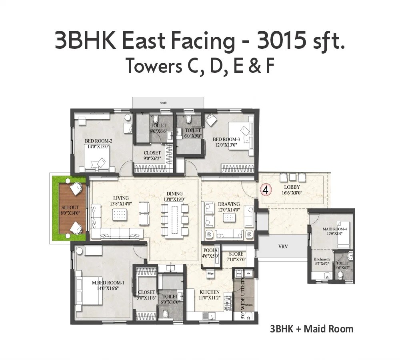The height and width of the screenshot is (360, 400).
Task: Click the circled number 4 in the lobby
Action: [x=264, y=190]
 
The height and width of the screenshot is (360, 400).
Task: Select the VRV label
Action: [x=283, y=246]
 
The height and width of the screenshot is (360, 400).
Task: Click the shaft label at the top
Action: [x=163, y=103]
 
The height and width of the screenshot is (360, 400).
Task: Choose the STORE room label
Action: [x=236, y=254]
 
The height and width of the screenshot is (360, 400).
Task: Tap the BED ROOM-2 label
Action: [x=98, y=141]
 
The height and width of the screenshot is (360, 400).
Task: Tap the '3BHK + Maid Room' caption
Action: [x=312, y=329]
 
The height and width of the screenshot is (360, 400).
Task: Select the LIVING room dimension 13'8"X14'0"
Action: [x=121, y=204]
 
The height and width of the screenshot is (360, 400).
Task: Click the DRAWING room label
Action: [x=229, y=204]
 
